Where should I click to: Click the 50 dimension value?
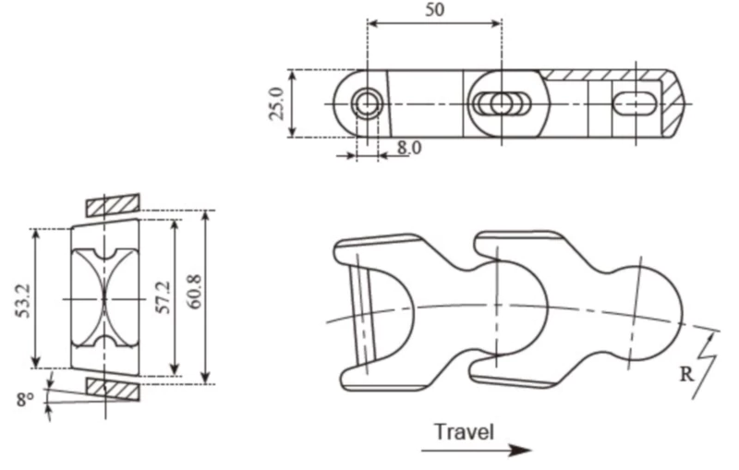point(433,10)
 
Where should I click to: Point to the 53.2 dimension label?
point(21,297)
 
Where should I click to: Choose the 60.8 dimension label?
point(195,297)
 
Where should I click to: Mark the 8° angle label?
point(25,400)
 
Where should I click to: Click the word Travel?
point(464,431)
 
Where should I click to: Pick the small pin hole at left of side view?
point(367,103)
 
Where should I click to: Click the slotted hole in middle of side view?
point(501,103)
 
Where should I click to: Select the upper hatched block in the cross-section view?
point(111,202)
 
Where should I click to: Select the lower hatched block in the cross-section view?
point(112,388)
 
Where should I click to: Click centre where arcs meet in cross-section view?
point(104,297)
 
